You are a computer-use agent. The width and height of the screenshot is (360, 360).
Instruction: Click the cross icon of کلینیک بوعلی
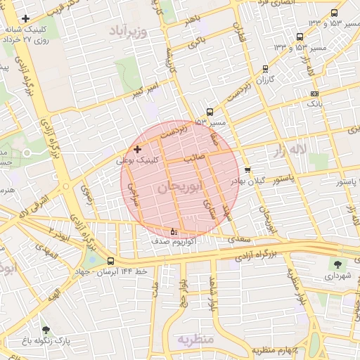pos(137,149)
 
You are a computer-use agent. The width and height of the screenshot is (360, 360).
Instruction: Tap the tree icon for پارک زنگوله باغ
pos(46,330)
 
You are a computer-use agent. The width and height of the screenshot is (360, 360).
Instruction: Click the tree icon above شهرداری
pos(339,264)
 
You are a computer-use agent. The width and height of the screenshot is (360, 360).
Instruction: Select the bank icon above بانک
pos(314,94)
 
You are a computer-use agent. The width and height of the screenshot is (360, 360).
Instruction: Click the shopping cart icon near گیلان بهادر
pos(247,169)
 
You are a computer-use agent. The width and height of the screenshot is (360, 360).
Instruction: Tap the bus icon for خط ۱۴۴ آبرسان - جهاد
pos(110,261)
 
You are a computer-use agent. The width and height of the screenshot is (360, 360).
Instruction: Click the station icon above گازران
pos(264,69)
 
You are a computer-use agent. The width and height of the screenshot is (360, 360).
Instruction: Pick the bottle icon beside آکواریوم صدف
pos(174,231)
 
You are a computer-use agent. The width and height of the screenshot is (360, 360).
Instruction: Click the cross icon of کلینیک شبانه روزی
pos(26,18)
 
